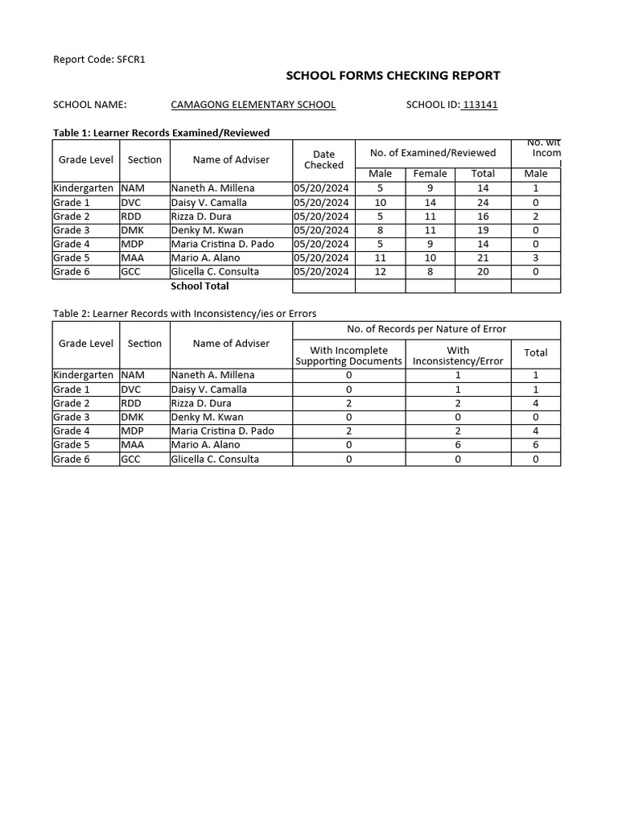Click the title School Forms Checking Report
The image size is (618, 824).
pyautogui.click(x=393, y=76)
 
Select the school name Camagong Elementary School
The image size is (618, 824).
pyautogui.click(x=253, y=105)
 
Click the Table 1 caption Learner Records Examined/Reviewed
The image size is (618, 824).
pyautogui.click(x=161, y=132)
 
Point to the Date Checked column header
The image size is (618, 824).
pyautogui.click(x=323, y=159)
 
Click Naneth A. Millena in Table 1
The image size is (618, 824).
pyautogui.click(x=212, y=188)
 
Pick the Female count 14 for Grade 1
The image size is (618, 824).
pyautogui.click(x=430, y=203)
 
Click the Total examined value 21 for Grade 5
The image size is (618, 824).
pyautogui.click(x=483, y=258)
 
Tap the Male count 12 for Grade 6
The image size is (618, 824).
pyautogui.click(x=380, y=272)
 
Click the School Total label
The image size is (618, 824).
pyautogui.click(x=200, y=286)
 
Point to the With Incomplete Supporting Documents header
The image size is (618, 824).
pyautogui.click(x=348, y=356)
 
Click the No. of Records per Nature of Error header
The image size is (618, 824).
pyautogui.click(x=426, y=329)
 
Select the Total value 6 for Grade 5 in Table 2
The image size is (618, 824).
pyautogui.click(x=535, y=445)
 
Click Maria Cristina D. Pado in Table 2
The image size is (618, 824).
pyautogui.click(x=222, y=431)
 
